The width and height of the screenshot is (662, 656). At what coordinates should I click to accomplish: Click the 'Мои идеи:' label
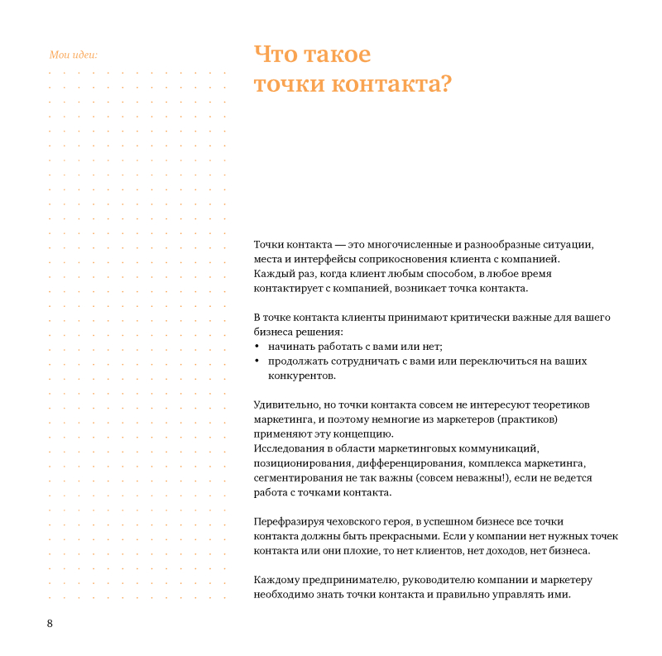click(x=74, y=55)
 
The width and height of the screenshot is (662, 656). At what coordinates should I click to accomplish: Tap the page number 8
click(x=50, y=623)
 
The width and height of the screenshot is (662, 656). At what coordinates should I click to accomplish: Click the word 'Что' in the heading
click(x=275, y=55)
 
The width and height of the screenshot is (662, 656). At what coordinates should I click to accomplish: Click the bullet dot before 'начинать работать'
click(x=257, y=347)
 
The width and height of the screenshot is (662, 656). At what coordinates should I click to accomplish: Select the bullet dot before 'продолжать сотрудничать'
click(x=257, y=362)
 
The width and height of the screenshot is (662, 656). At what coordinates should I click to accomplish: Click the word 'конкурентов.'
click(x=302, y=376)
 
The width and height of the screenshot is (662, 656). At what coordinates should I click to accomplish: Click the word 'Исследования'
click(x=288, y=448)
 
